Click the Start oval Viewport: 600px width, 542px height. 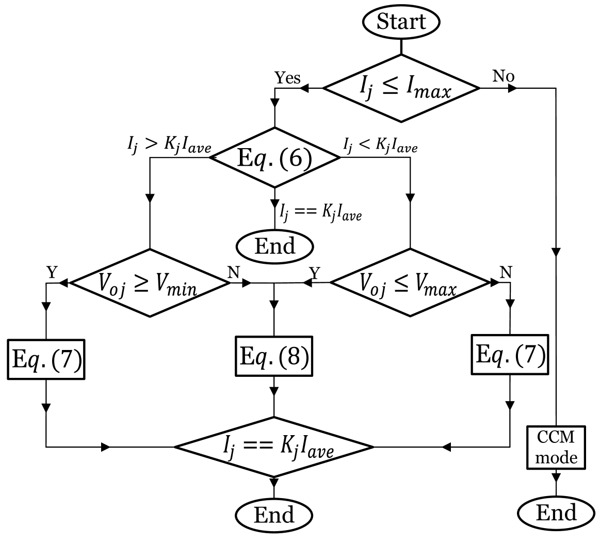[x=401, y=22]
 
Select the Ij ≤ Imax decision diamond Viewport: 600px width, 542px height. [x=401, y=88]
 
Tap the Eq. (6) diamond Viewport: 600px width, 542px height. [x=274, y=157]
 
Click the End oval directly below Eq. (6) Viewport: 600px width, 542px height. [x=274, y=246]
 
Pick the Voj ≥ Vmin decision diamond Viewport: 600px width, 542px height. [x=150, y=283]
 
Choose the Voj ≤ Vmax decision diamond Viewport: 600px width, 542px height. [x=410, y=283]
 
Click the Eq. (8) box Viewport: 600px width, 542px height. [x=274, y=356]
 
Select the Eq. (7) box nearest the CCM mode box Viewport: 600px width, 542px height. [x=510, y=355]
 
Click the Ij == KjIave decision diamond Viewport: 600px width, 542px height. [x=274, y=447]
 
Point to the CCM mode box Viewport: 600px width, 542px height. [x=556, y=447]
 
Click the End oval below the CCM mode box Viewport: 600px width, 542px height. [x=556, y=513]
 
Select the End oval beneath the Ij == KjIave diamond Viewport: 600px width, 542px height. [x=274, y=515]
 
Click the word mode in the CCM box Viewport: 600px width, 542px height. [x=556, y=457]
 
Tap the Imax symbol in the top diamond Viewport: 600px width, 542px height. [x=429, y=90]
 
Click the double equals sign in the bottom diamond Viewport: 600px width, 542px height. [x=257, y=447]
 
